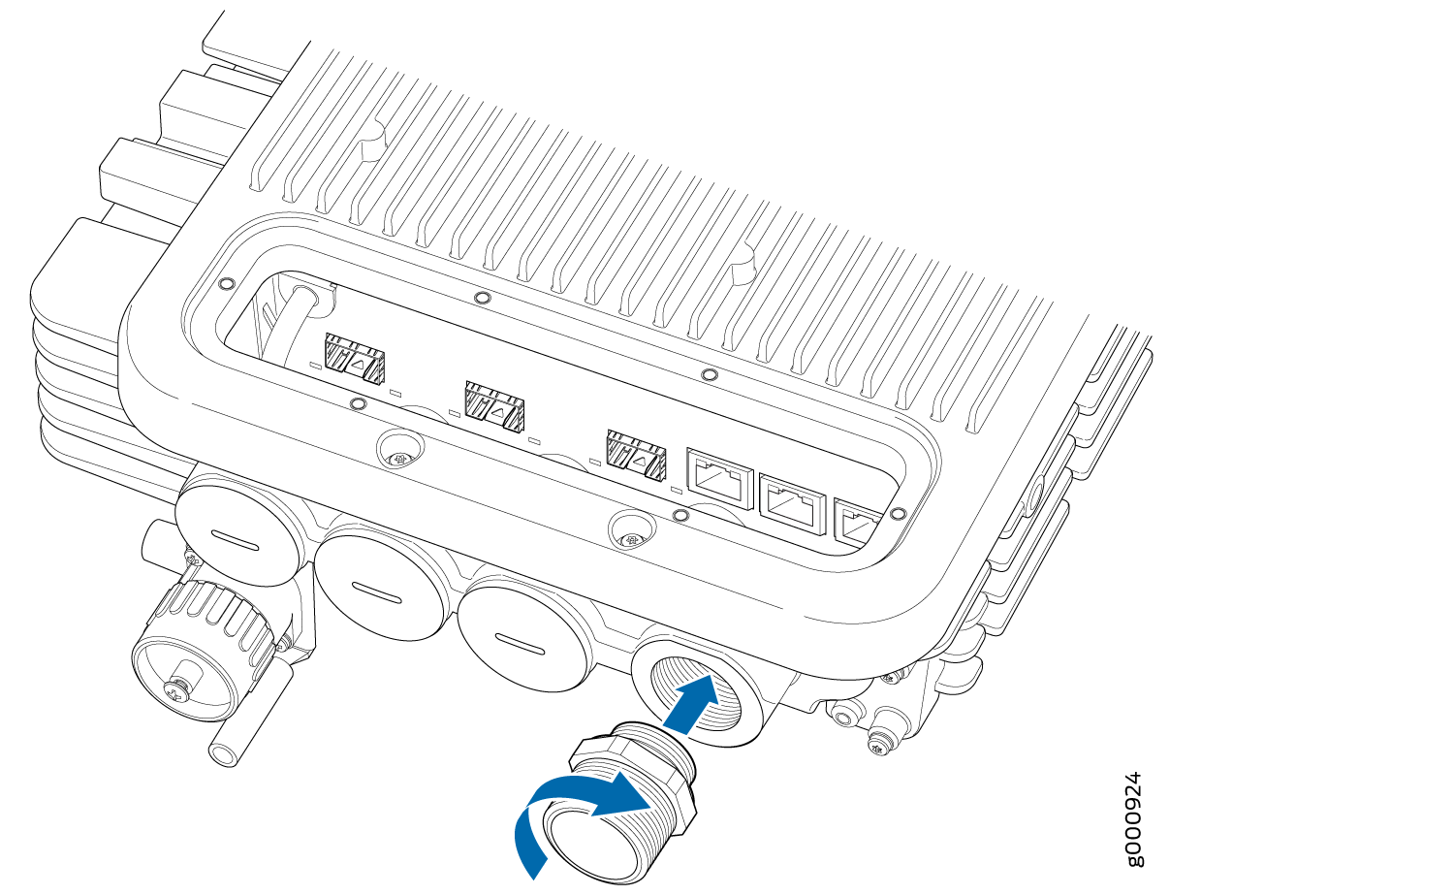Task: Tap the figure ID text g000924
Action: coord(1129,819)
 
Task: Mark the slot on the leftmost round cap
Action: coord(235,539)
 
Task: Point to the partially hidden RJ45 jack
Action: coord(857,525)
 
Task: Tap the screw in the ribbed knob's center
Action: coord(176,690)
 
